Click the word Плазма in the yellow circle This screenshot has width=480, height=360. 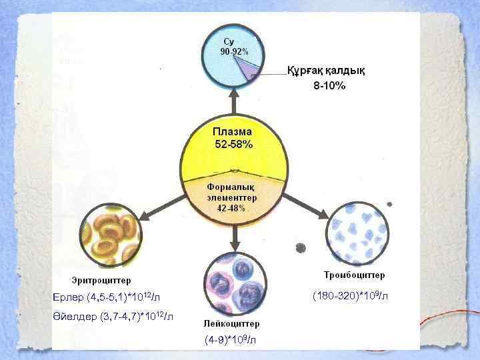(x=232, y=132)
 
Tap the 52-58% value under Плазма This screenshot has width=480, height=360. (x=233, y=145)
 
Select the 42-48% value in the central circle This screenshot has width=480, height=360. (x=231, y=208)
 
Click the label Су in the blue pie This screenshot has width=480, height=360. (x=229, y=41)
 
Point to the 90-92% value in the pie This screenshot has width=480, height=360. (x=234, y=51)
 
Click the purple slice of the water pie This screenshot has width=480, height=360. (x=251, y=68)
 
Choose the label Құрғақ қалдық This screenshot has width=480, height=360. (x=326, y=71)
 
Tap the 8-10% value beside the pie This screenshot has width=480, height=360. (x=329, y=86)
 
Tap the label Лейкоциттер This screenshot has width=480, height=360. (x=232, y=323)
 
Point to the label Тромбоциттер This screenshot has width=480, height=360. (x=354, y=275)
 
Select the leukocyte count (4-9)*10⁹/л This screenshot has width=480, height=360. (x=230, y=340)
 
